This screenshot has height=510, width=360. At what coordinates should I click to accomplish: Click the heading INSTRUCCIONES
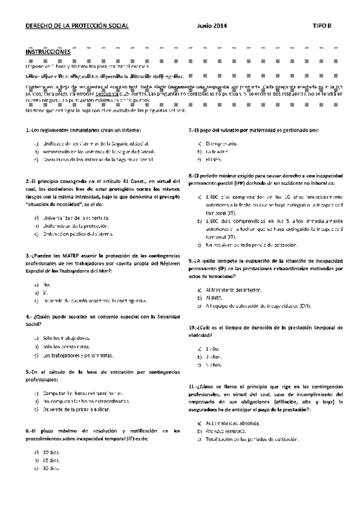click(47, 52)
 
